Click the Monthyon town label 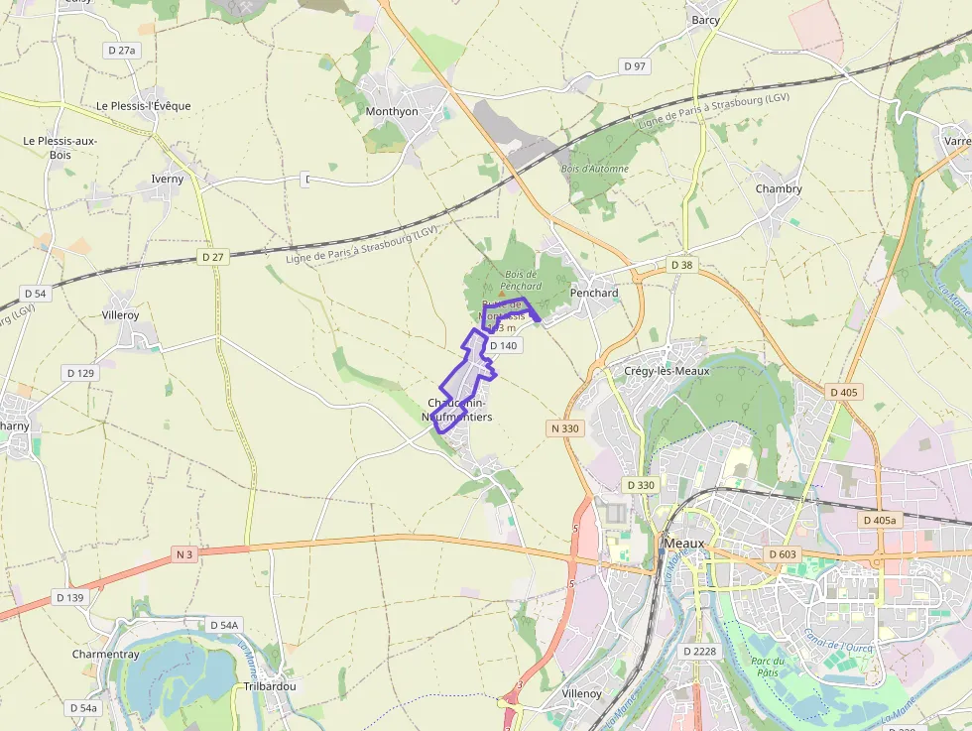click(x=392, y=111)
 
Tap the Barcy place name click(x=705, y=20)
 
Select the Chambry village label click(x=779, y=188)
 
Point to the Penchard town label click(x=594, y=293)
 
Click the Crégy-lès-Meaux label click(x=667, y=371)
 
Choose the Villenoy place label click(x=581, y=693)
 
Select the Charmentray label click(x=105, y=655)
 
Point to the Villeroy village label click(x=121, y=314)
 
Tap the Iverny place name click(x=168, y=180)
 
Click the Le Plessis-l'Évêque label click(x=143, y=106)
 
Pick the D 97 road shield click(x=635, y=65)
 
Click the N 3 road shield click(x=184, y=553)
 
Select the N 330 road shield click(x=563, y=428)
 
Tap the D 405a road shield click(x=880, y=520)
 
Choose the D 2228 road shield click(x=699, y=651)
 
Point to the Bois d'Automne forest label click(x=595, y=170)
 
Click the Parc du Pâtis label click(x=768, y=667)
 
